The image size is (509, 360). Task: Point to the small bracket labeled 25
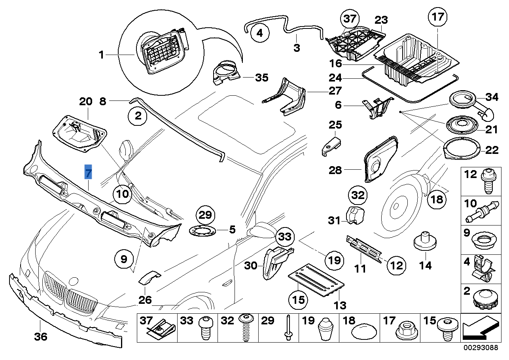[331, 146]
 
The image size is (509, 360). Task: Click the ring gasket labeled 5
[204, 229]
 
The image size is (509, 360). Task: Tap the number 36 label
[40, 337]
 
